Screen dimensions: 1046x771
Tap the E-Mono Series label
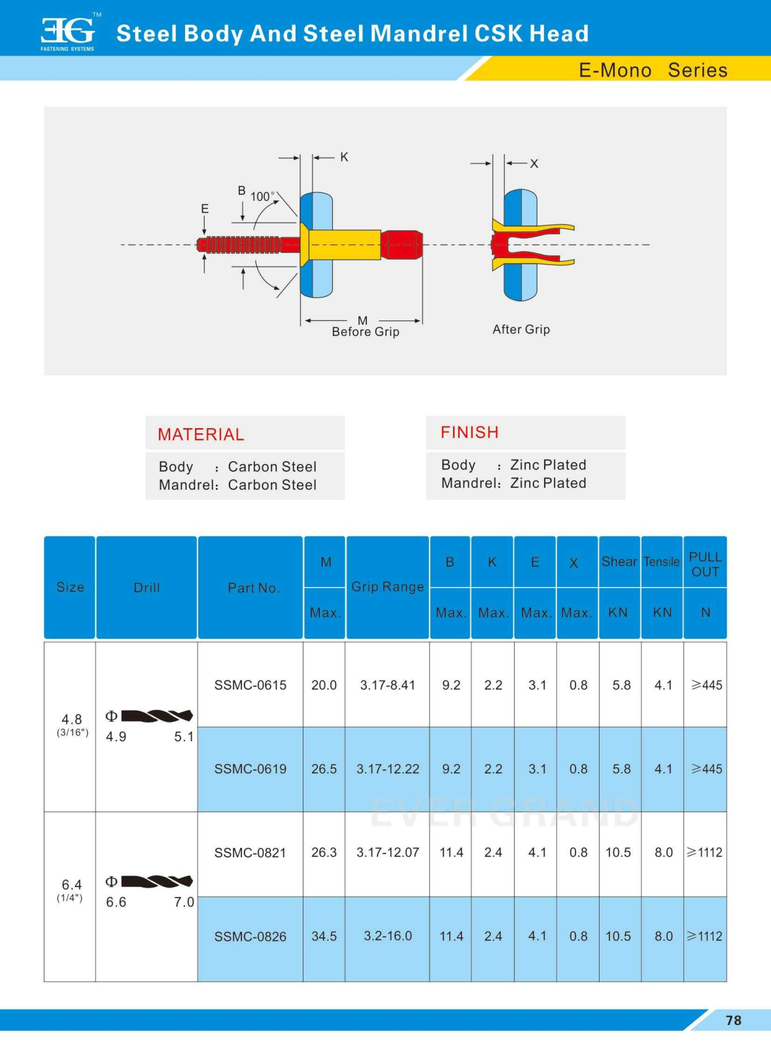[653, 70]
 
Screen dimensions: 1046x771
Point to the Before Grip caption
[365, 331]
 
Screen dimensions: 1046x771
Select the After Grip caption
[521, 329]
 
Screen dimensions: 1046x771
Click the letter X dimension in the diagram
[534, 163]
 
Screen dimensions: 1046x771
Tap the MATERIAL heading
[201, 434]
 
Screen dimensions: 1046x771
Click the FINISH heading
[470, 432]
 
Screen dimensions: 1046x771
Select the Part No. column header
[253, 588]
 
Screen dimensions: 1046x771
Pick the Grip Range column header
[387, 586]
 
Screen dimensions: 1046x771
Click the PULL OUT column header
[705, 564]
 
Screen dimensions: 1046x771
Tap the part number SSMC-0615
[250, 685]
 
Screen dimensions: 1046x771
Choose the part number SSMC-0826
[250, 936]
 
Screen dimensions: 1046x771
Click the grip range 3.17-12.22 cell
[388, 769]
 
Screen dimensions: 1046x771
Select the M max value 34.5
[324, 936]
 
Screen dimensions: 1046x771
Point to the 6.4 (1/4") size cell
[71, 889]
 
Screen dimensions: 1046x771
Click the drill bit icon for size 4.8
[157, 716]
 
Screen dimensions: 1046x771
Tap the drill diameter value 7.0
[184, 902]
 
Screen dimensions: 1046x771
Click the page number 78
[733, 1021]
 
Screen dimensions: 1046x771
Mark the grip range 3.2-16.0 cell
[388, 936]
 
